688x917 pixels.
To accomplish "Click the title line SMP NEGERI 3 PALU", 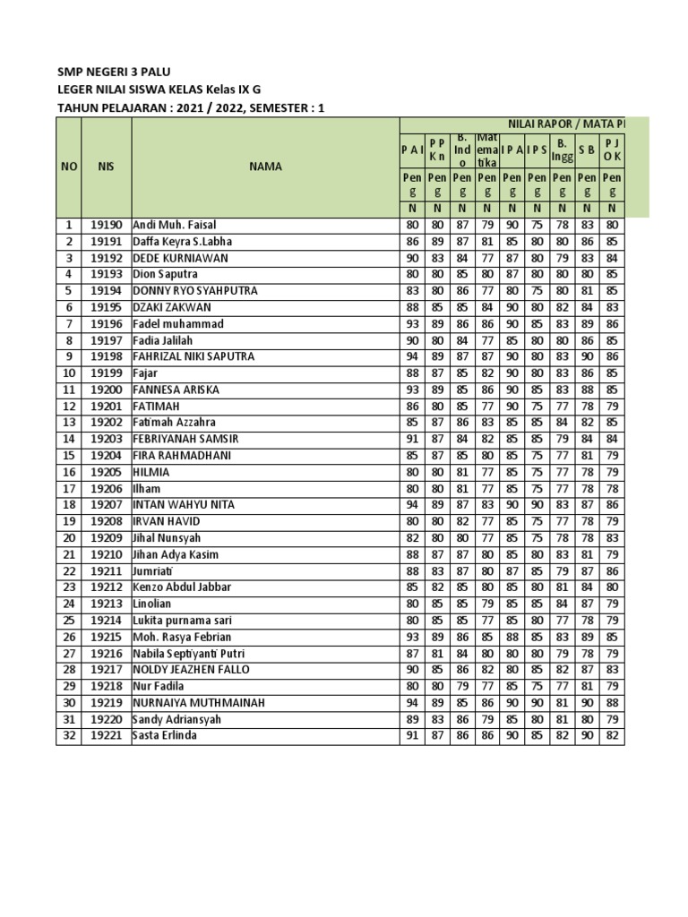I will click(114, 72).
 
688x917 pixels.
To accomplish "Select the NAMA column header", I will click(266, 167).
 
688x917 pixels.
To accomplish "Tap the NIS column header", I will click(106, 167).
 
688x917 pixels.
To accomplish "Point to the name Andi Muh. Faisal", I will click(175, 225).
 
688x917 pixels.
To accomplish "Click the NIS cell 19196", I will click(106, 324).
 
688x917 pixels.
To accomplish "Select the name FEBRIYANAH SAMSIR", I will click(187, 439).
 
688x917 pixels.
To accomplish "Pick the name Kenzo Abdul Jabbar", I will click(182, 587).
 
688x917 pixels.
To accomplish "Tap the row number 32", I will click(68, 736).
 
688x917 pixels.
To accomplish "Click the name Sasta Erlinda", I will click(165, 736).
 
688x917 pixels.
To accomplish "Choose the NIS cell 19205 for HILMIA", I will click(106, 472).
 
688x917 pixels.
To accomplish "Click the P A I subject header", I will click(412, 150).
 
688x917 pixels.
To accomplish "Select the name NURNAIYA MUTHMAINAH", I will click(199, 703).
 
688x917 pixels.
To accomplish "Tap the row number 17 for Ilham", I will click(68, 489).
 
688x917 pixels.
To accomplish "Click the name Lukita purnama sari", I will click(183, 621).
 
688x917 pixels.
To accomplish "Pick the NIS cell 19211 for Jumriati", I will click(106, 571).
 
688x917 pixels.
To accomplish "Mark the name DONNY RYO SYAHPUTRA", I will click(195, 291).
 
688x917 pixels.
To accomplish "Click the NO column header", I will click(69, 167).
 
